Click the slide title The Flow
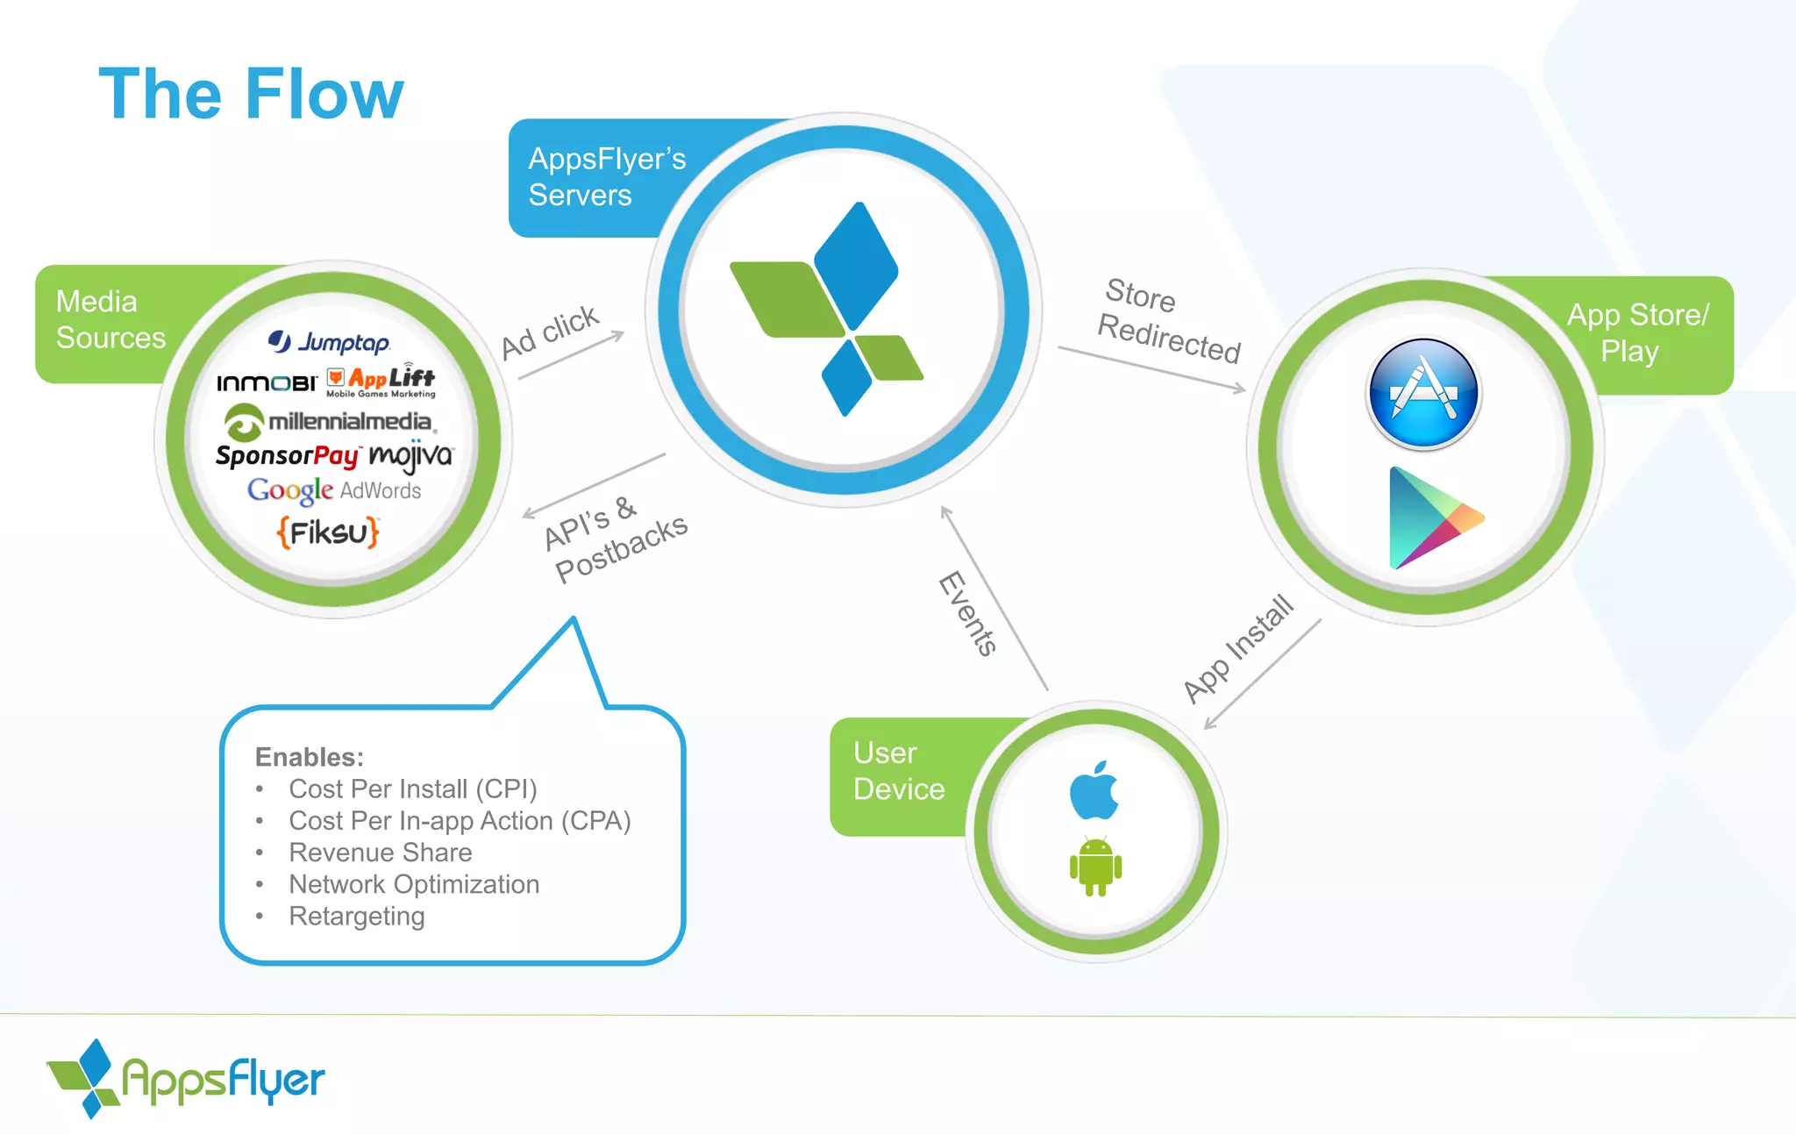(251, 94)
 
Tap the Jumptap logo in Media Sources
(329, 341)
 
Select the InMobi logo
(267, 382)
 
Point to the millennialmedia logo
(330, 422)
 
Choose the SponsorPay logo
(287, 455)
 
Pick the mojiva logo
(410, 455)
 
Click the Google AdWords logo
(334, 490)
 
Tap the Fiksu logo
(328, 532)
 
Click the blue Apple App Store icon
(1423, 394)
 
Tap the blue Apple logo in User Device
(1094, 790)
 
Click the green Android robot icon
(1095, 867)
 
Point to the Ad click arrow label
(550, 332)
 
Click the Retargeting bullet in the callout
(356, 916)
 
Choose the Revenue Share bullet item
(380, 853)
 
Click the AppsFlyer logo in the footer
(186, 1079)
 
